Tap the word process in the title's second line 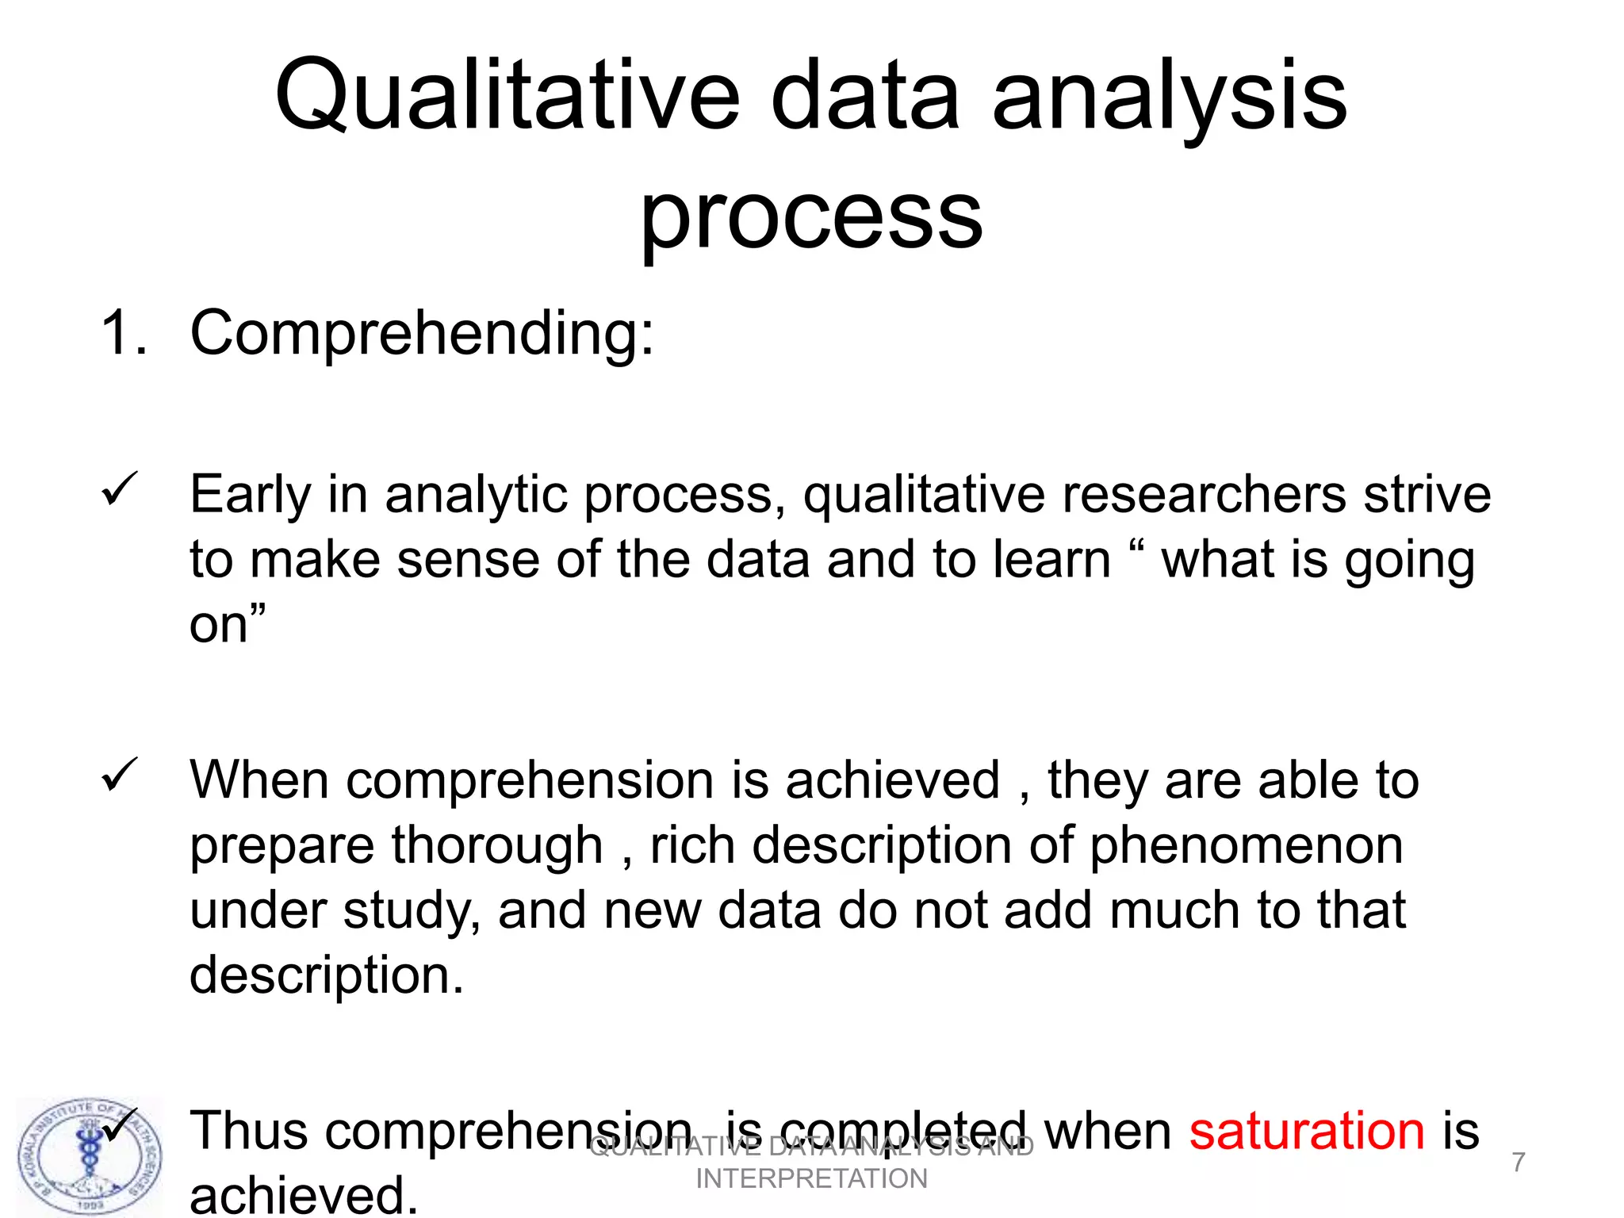coord(811,218)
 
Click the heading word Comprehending coord(421,333)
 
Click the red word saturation coord(1307,1130)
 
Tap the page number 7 coord(1518,1162)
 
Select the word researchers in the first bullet coord(1204,495)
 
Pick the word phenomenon coord(1247,845)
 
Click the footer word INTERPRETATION coord(811,1179)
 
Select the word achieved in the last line coord(303,1196)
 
